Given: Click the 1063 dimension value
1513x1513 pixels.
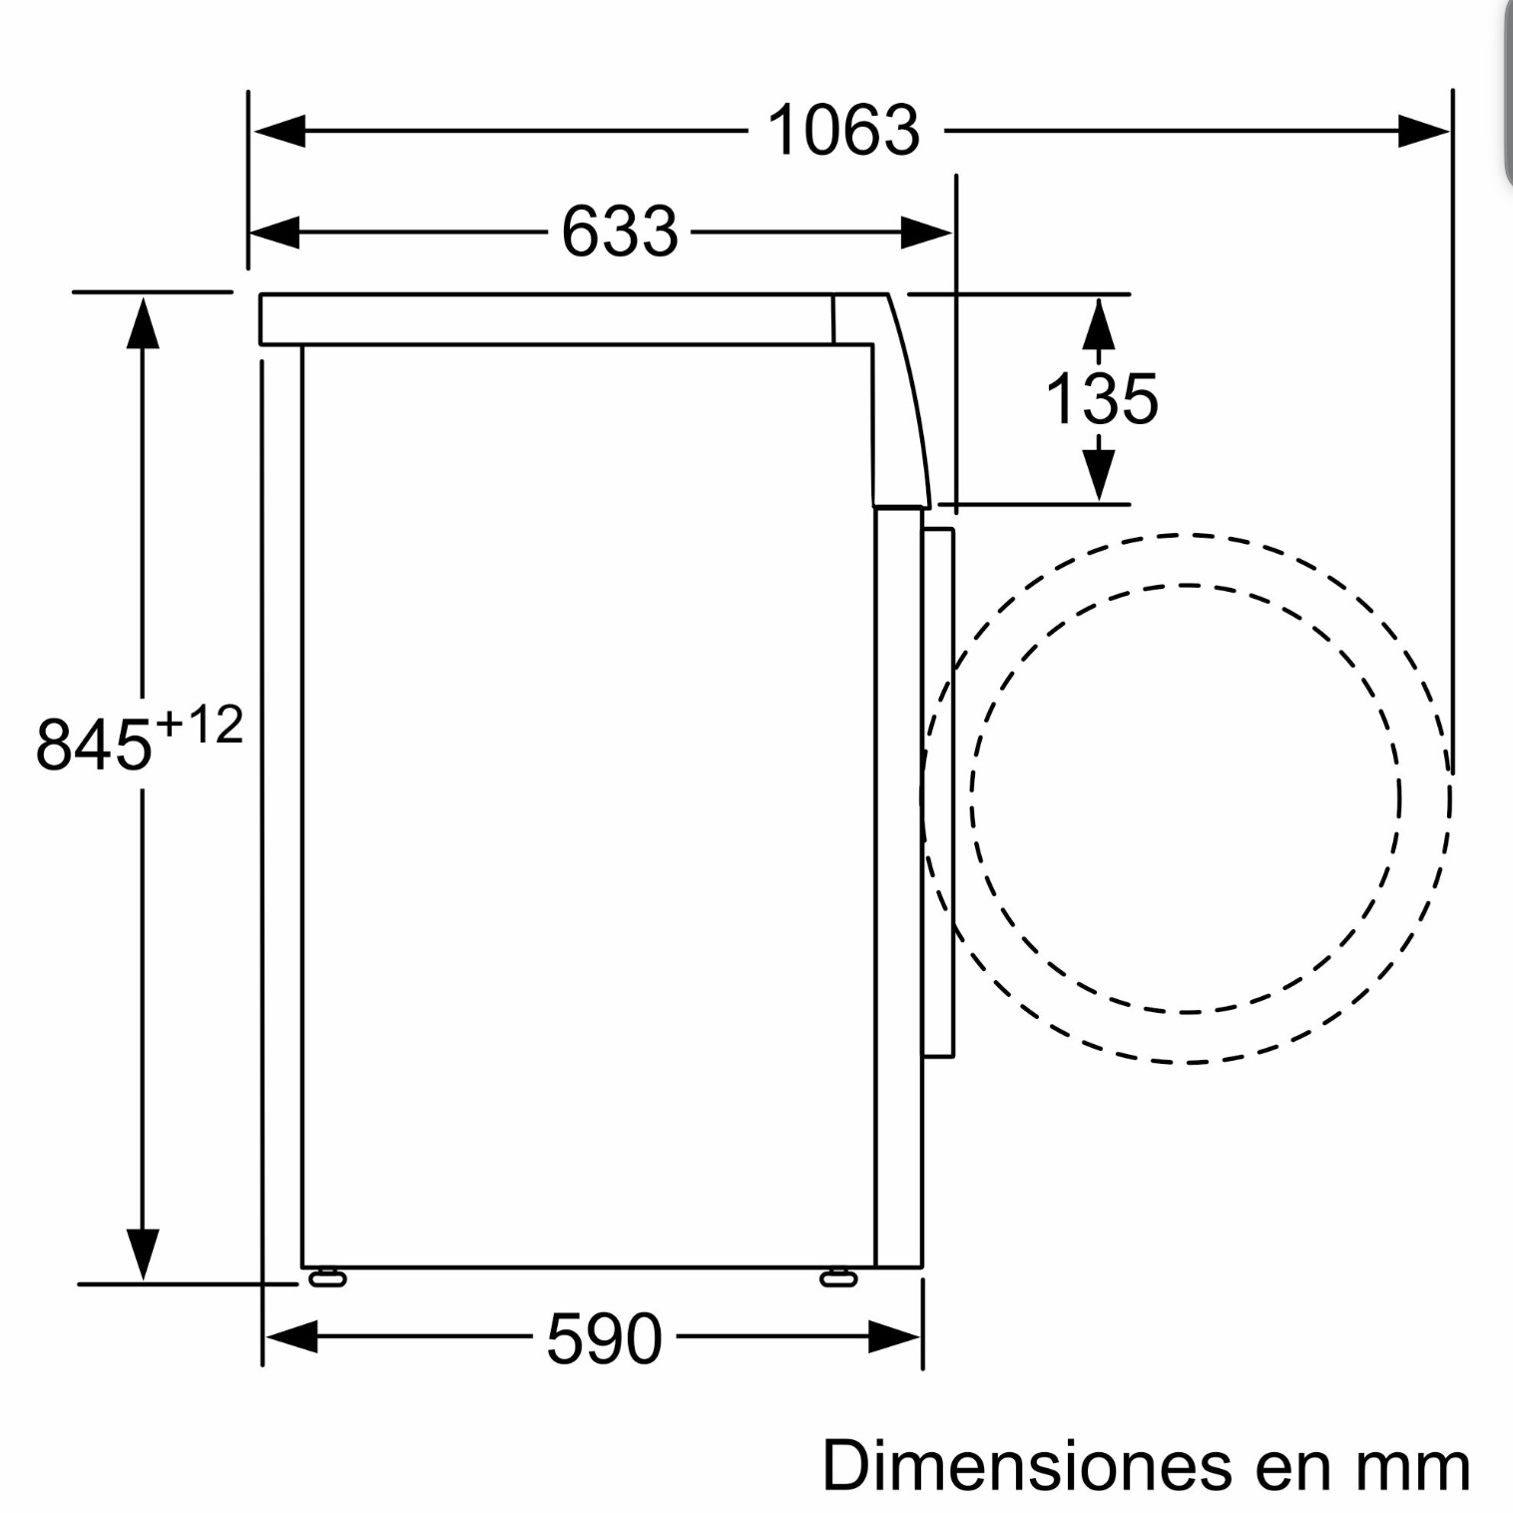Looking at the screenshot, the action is tap(843, 131).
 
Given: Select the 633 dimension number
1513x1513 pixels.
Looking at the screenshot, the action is tap(620, 232).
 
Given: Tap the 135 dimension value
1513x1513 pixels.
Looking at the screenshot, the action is tap(1102, 399).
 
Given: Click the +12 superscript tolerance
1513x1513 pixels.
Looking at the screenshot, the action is tap(200, 725).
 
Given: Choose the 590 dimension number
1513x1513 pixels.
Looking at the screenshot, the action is tap(605, 1337).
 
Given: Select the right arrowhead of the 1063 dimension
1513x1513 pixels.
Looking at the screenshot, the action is tap(1423, 131).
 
